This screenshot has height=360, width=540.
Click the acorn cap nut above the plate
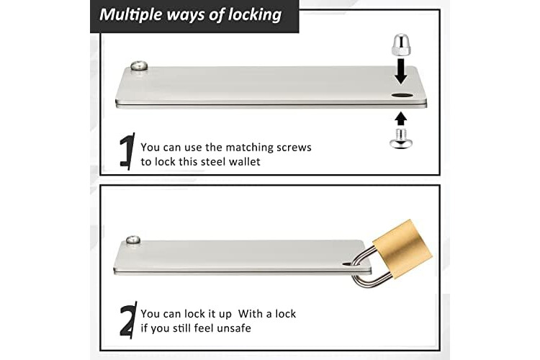pos(400,45)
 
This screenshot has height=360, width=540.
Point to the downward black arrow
pos(400,71)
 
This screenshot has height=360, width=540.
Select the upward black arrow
pos(400,120)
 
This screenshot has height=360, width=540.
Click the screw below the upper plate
pos(400,138)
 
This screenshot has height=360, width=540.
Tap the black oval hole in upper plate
pos(402,96)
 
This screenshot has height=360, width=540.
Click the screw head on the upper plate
pos(139,66)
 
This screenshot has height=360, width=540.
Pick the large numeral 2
pos(127,320)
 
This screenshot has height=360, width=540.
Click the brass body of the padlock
pos(403,248)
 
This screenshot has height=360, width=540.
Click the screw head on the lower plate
pos(133,240)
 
